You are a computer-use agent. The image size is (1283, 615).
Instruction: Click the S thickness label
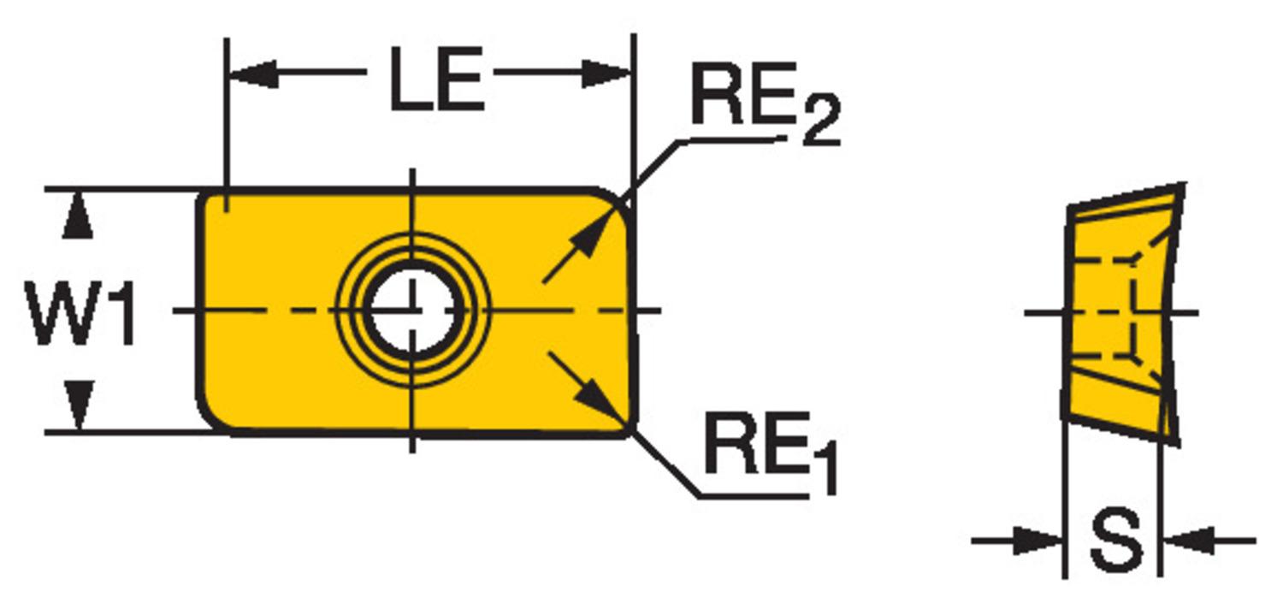pos(1116,541)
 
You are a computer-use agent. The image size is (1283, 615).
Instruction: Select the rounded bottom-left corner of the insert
pos(212,419)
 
